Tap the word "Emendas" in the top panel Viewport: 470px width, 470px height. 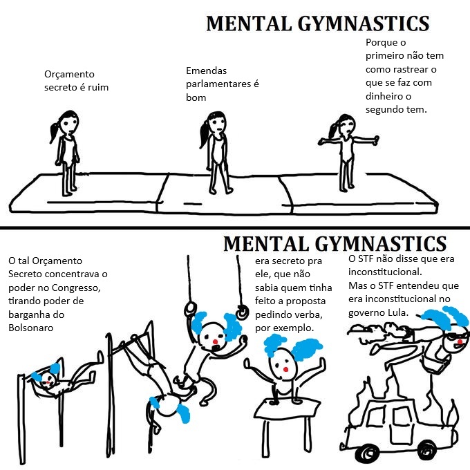pos(206,70)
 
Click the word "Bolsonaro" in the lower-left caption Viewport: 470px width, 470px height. pos(30,327)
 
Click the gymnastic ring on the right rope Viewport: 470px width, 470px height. pos(241,313)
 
